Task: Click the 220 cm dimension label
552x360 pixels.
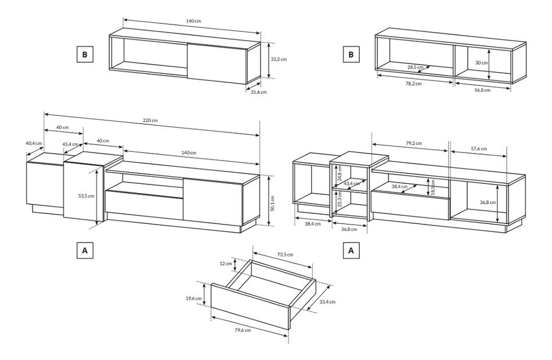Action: pyautogui.click(x=151, y=120)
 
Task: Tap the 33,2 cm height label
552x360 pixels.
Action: pyautogui.click(x=279, y=59)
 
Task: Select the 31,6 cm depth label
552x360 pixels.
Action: pyautogui.click(x=259, y=92)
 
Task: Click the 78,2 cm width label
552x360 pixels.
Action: pyautogui.click(x=414, y=83)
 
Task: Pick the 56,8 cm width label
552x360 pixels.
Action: pyautogui.click(x=482, y=90)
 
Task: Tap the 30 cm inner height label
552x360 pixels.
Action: pyautogui.click(x=480, y=62)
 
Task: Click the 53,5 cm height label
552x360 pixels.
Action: pyautogui.click(x=86, y=196)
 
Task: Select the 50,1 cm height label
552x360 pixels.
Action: pyautogui.click(x=273, y=204)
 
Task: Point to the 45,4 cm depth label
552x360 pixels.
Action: pyautogui.click(x=70, y=144)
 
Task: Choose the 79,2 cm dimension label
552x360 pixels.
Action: pyautogui.click(x=414, y=142)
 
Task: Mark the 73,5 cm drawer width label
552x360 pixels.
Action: pyautogui.click(x=285, y=255)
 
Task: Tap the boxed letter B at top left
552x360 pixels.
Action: pyautogui.click(x=84, y=55)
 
